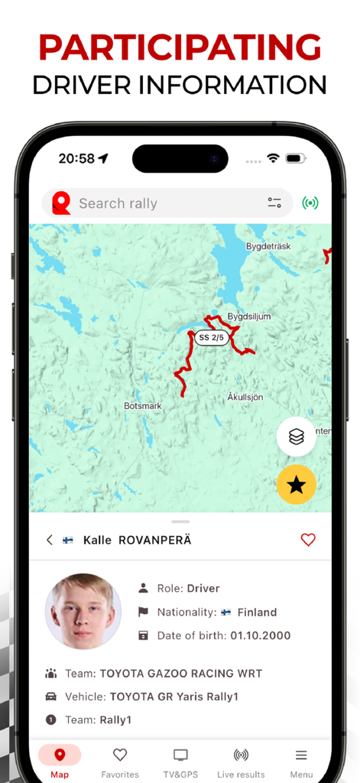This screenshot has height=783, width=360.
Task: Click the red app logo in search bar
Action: click(61, 203)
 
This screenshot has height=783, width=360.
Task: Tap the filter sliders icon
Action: click(274, 203)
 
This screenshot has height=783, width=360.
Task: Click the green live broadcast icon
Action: click(310, 203)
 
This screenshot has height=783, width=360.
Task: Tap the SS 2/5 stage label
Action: click(211, 337)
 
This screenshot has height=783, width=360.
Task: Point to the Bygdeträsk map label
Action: click(269, 246)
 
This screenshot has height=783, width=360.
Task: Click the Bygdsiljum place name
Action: click(249, 316)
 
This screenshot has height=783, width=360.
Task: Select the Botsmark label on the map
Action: click(143, 406)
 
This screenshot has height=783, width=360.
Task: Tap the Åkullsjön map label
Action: click(245, 397)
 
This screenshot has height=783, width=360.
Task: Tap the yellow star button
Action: click(297, 484)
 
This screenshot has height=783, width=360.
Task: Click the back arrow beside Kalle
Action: click(50, 540)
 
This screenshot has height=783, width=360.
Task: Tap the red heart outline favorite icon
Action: click(308, 540)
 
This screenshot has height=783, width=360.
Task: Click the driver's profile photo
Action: click(83, 611)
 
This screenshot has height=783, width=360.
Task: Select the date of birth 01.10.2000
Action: click(260, 635)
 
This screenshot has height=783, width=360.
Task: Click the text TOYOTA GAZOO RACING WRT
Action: click(180, 674)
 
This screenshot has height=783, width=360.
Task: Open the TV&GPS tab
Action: click(180, 762)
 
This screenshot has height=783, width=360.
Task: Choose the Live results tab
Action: click(241, 762)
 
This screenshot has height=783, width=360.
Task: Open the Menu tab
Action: click(301, 762)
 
